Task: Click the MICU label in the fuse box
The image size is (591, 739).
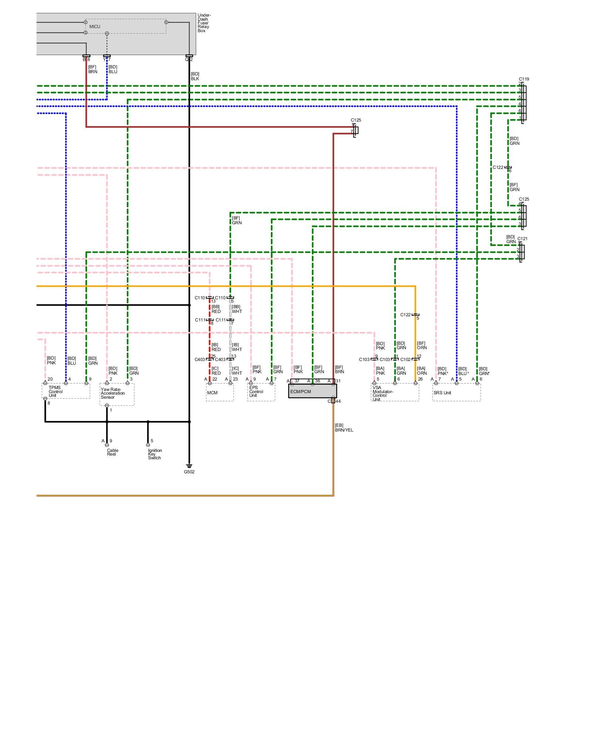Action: pyautogui.click(x=95, y=27)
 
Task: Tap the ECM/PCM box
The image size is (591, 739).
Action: pyautogui.click(x=312, y=391)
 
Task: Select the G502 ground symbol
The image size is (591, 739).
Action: pyautogui.click(x=189, y=466)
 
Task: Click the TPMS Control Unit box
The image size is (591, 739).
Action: pyautogui.click(x=66, y=391)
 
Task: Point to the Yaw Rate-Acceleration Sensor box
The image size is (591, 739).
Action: pyautogui.click(x=117, y=394)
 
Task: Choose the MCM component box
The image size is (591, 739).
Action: pyautogui.click(x=220, y=392)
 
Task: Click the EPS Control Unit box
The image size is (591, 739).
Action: pyautogui.click(x=261, y=392)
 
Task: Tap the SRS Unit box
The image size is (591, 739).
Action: pyautogui.click(x=457, y=392)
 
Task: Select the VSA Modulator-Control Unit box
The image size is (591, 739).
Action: pyautogui.click(x=395, y=392)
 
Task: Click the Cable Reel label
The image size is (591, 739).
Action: pyautogui.click(x=112, y=452)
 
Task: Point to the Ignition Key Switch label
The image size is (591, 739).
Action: pyautogui.click(x=155, y=454)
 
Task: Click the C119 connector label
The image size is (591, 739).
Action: pyautogui.click(x=524, y=79)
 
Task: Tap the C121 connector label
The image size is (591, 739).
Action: pyautogui.click(x=522, y=239)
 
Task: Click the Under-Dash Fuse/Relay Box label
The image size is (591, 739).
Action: pyautogui.click(x=204, y=23)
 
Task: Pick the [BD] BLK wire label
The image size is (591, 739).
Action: pyautogui.click(x=195, y=76)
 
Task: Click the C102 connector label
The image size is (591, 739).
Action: pyautogui.click(x=405, y=360)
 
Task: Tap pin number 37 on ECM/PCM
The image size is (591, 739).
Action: pyautogui.click(x=297, y=381)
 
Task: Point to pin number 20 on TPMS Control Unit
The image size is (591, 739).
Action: pyautogui.click(x=50, y=379)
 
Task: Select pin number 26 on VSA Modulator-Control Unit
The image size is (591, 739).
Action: pyautogui.click(x=420, y=379)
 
